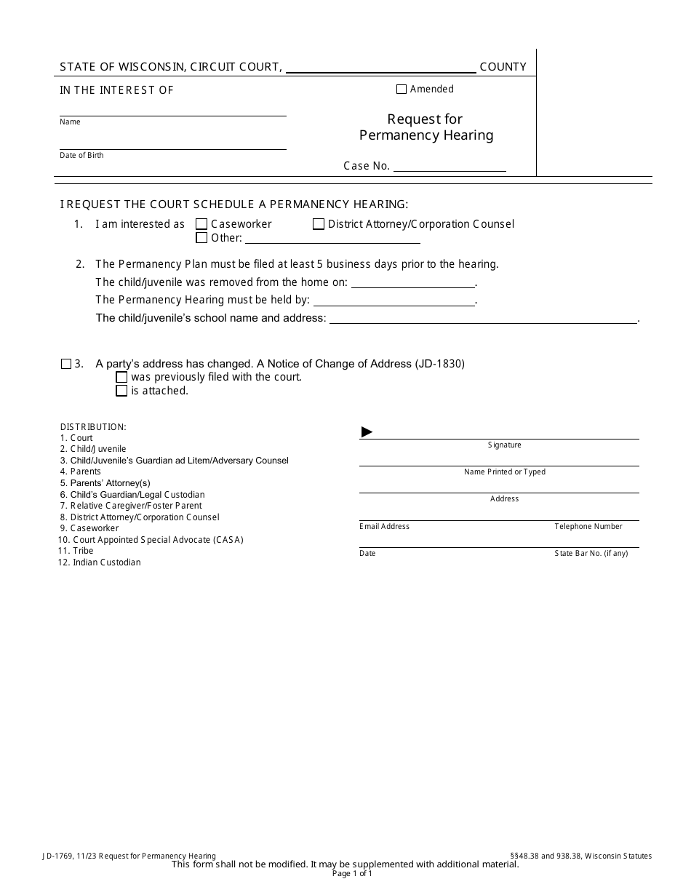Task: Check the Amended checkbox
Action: [402, 89]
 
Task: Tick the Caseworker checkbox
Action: [202, 224]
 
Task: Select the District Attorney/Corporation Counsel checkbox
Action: [319, 224]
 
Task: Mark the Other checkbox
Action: [202, 238]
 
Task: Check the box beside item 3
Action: [66, 364]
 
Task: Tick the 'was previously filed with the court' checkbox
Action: [122, 377]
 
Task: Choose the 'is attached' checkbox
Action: [122, 391]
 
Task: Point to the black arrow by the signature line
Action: [367, 432]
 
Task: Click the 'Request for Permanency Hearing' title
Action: [426, 127]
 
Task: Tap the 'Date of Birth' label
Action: [81, 156]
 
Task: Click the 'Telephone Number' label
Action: [588, 526]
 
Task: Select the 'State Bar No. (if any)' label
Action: [591, 553]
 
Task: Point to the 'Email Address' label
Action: [384, 526]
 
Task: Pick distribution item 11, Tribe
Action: [82, 551]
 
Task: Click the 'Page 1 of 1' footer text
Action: [352, 874]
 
